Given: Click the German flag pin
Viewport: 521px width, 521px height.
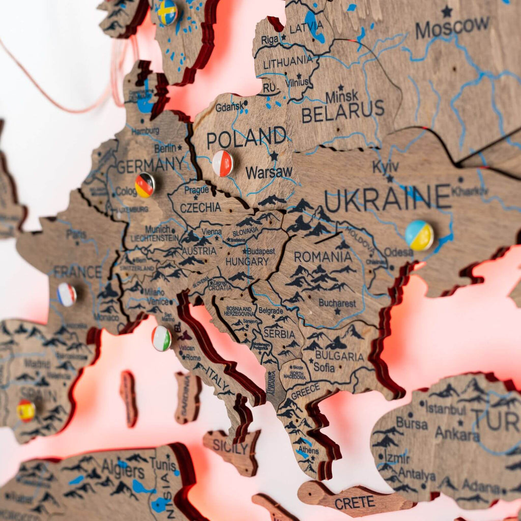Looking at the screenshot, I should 145,185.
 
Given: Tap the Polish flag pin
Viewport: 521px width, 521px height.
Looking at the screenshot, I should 223,163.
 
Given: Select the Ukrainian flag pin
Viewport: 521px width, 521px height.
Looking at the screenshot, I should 419,235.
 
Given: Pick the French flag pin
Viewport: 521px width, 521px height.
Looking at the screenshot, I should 67,295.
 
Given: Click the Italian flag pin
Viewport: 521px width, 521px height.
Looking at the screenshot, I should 161,338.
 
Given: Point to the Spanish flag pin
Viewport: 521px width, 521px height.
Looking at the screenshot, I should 25,410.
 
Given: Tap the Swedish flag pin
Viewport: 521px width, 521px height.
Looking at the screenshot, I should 167,12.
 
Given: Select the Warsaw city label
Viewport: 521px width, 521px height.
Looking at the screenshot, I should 269,172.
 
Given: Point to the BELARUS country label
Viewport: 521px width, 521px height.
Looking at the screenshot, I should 343,111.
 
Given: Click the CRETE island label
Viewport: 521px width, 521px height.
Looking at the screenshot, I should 355,502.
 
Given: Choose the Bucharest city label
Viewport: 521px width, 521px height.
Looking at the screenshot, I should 337,303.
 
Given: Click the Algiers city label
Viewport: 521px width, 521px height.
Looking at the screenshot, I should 123,469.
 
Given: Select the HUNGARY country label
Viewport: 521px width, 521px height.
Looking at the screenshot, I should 247,262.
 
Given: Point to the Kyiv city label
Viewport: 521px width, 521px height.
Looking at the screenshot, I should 385,167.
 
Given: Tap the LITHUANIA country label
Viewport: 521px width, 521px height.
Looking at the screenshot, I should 288,61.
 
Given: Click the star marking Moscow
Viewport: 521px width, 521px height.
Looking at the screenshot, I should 447,11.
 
